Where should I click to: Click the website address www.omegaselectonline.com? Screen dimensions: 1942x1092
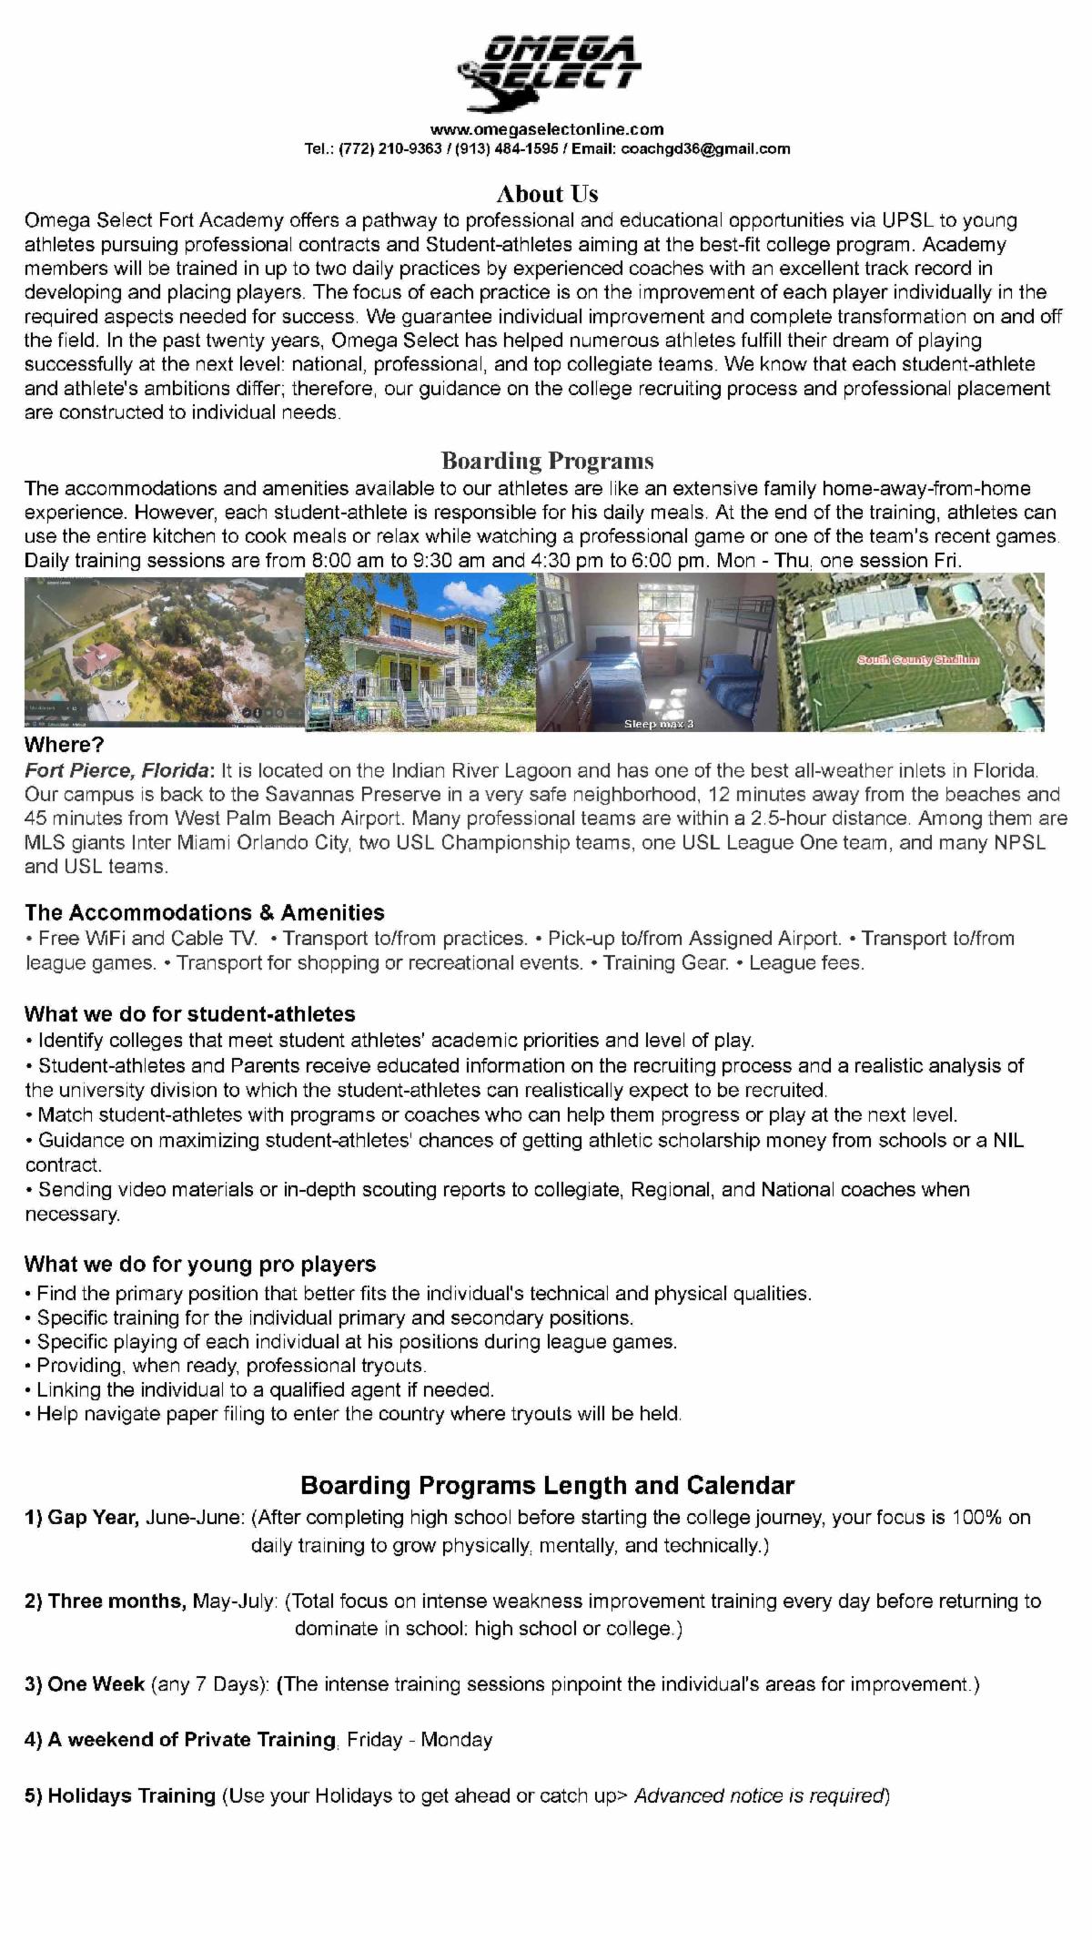pyautogui.click(x=547, y=129)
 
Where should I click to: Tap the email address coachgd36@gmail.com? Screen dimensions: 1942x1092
pyautogui.click(x=705, y=149)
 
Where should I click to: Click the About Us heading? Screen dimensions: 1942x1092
pyautogui.click(x=547, y=194)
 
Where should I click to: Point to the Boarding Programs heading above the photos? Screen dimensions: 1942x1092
pyautogui.click(x=547, y=461)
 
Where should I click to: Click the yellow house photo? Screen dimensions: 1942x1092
pyautogui.click(x=420, y=651)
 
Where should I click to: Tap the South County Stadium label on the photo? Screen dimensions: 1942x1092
pyautogui.click(x=917, y=659)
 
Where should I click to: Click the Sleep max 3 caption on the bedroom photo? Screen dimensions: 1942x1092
pyautogui.click(x=658, y=724)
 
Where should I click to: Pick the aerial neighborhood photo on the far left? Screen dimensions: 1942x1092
pyautogui.click(x=164, y=651)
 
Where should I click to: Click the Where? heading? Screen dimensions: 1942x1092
pyautogui.click(x=65, y=746)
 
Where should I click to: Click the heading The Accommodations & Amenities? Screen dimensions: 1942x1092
pyautogui.click(x=205, y=912)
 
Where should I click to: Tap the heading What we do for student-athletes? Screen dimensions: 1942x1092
pyautogui.click(x=189, y=1014)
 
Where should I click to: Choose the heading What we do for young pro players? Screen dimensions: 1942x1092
pyautogui.click(x=200, y=1265)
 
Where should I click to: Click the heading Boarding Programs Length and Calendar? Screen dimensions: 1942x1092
pyautogui.click(x=547, y=1486)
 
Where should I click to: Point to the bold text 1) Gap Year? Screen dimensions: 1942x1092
pyautogui.click(x=82, y=1518)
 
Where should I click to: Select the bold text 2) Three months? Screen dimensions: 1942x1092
pyautogui.click(x=105, y=1601)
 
